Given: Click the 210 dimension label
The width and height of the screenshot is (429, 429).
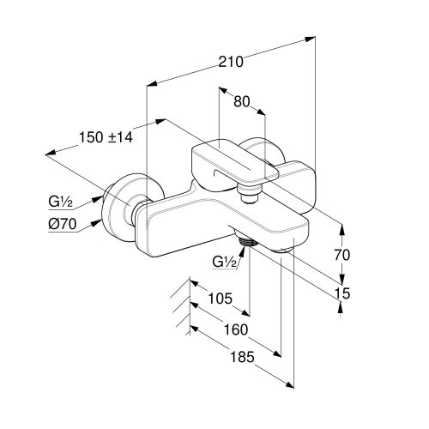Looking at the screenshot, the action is click(x=231, y=62).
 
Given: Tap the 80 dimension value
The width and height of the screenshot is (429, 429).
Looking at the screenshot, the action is click(x=242, y=101).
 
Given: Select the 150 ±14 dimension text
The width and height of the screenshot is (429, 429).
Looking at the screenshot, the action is click(x=106, y=137).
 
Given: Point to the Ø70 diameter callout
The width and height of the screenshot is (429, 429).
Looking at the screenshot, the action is click(x=63, y=223).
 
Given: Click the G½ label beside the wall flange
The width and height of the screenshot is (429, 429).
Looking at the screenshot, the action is click(x=60, y=202).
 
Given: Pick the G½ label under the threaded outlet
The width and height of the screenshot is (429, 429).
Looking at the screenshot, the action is click(x=224, y=262).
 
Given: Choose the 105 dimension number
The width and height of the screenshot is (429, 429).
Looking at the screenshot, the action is click(x=220, y=299).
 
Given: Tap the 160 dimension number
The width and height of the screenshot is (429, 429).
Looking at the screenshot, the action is click(x=236, y=329).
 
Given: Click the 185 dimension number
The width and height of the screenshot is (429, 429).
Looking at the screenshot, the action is click(x=242, y=357).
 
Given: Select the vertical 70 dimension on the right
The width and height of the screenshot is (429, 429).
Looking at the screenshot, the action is click(x=342, y=255).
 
